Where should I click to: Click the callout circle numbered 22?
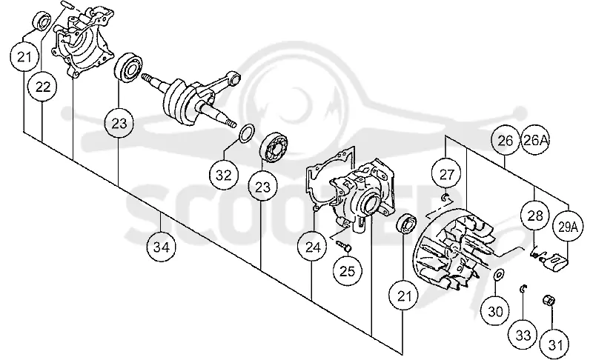click(x=43, y=87)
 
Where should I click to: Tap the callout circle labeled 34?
click(x=162, y=247)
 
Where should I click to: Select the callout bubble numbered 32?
click(x=224, y=176)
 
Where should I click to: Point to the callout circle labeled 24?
click(x=312, y=247)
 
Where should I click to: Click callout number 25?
click(x=348, y=271)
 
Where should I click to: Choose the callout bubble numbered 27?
click(x=447, y=174)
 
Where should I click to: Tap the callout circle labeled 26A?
click(x=534, y=140)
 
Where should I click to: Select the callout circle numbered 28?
click(x=534, y=216)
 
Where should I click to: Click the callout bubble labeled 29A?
click(x=568, y=227)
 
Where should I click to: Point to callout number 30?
click(x=495, y=312)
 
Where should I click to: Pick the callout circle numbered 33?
click(x=523, y=335)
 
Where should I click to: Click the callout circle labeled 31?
click(x=554, y=344)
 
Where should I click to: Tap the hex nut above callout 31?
click(x=549, y=301)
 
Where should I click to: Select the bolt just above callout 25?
click(x=344, y=246)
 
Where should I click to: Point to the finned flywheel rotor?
click(x=453, y=252)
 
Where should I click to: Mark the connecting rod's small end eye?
click(x=235, y=79)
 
